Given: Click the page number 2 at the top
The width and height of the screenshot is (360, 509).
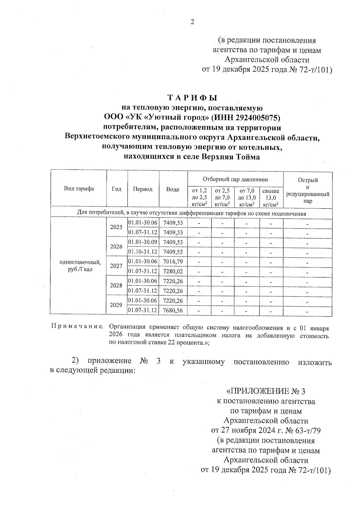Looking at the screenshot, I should coord(192,22).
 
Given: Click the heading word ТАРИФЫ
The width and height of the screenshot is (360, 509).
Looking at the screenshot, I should coord(192,98).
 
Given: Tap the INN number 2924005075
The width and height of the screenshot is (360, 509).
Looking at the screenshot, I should coord(258,118).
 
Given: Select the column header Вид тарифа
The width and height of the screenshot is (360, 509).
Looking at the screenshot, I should coord(79,189).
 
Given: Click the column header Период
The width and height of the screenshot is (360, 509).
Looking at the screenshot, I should coord(143,189).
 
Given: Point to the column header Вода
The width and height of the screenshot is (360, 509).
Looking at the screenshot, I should coord(173,189).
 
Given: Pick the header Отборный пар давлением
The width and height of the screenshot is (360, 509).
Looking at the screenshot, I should coord(235,180).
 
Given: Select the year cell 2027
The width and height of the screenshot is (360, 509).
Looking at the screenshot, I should coord(116,266).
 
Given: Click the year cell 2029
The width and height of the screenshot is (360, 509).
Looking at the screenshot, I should coord(116,305).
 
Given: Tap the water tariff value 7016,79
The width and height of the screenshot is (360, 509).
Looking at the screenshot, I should coord(173,262).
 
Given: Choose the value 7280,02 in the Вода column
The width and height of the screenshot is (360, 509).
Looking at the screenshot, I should coord(173,271).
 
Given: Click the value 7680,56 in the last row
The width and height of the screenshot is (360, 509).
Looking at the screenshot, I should coord(173,310).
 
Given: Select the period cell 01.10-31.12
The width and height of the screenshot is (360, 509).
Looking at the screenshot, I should coord(143,252).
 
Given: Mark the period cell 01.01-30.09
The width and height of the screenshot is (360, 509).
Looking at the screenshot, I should coord(143,242).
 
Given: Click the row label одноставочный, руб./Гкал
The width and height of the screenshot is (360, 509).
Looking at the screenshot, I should coord(80,266).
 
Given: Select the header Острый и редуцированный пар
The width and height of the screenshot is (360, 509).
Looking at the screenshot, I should coord(307,190).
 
